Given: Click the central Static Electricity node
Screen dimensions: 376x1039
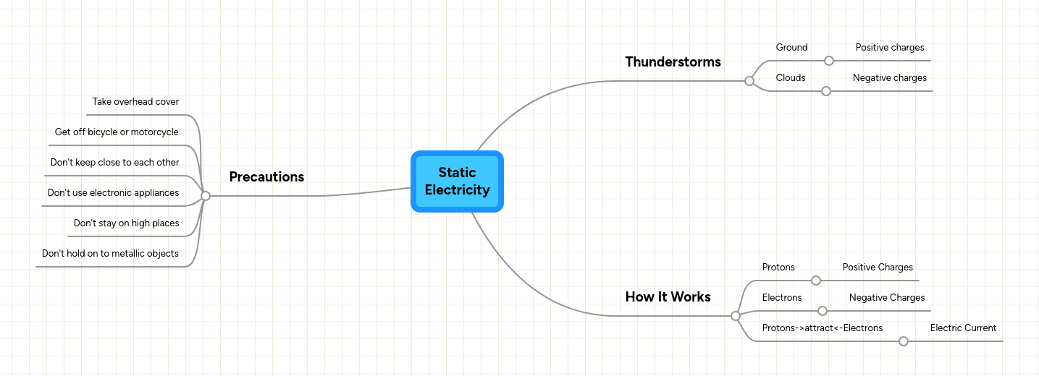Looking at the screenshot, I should pos(457,181).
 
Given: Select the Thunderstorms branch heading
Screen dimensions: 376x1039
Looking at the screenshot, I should pos(673,61).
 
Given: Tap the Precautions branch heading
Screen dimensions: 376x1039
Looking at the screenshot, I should pos(266,176).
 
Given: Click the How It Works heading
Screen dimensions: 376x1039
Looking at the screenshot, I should pos(668,296).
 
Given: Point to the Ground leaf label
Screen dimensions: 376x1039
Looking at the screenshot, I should pos(791,48).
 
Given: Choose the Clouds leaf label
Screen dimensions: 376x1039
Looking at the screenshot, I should pos(791,78).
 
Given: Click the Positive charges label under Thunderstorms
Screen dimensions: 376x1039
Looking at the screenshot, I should pos(890,48).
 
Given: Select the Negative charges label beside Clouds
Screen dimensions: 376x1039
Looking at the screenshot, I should pos(889,78).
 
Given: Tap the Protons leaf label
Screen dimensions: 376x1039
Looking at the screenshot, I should pos(778,268).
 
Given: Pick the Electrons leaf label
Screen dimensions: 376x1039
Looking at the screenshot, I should pos(782,298).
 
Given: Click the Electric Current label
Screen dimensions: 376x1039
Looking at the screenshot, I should pos(963,328).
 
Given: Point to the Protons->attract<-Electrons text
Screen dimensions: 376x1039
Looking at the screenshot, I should pos(823,328).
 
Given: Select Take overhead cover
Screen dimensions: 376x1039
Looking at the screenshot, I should pos(135,102).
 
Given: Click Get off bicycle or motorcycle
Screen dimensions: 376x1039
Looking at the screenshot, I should pos(117,132).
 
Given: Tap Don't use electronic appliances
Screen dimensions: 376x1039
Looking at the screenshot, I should pos(113,193).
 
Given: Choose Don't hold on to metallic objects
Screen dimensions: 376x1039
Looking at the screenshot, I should pos(110,254).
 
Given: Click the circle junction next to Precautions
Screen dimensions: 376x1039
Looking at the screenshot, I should pos(206,196).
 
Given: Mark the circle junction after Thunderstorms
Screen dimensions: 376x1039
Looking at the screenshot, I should pos(749,81).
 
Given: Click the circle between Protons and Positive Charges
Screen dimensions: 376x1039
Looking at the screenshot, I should pos(816,281).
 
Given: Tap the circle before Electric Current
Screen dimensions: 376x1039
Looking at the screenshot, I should pos(904,341).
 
